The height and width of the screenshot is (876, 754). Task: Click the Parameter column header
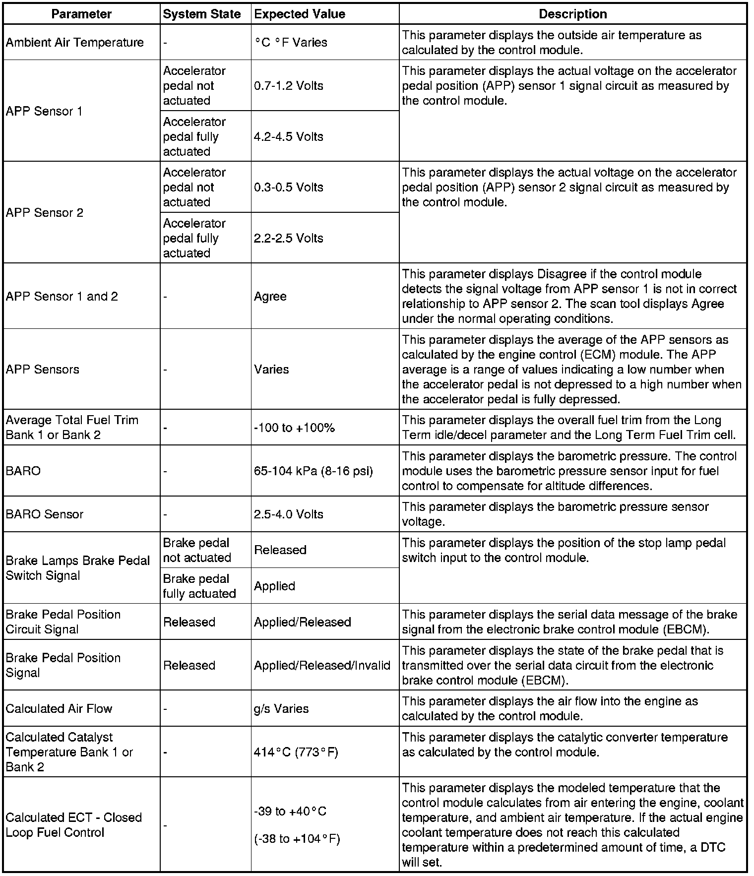tap(81, 14)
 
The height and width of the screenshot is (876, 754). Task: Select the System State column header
tap(201, 14)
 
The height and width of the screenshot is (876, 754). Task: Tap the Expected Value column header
tap(300, 14)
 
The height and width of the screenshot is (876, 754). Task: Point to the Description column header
tap(572, 14)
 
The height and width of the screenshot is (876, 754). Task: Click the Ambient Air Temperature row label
tap(74, 42)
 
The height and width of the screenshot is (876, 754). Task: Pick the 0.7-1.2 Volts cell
tap(288, 85)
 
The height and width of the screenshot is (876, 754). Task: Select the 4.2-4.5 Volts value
tap(288, 136)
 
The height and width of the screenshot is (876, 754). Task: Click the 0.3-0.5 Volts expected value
tap(288, 187)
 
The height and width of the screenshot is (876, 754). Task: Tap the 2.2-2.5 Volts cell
tap(288, 238)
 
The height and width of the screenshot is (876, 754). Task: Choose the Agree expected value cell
tap(270, 296)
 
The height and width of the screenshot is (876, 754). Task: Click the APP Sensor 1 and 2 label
tap(62, 296)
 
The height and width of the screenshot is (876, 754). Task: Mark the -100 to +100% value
tap(294, 428)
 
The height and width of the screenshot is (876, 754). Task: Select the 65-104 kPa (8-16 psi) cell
tap(313, 471)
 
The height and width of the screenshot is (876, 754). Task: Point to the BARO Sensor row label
tap(45, 514)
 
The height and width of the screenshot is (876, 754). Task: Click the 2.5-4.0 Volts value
tap(288, 514)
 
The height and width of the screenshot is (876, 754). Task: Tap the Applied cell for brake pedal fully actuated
tap(274, 586)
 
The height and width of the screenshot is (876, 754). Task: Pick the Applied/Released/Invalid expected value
tap(322, 665)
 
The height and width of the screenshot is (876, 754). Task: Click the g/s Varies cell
tap(281, 708)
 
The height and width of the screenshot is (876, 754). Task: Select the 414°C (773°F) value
tap(296, 752)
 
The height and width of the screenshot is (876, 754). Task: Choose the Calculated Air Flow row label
tap(59, 708)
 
